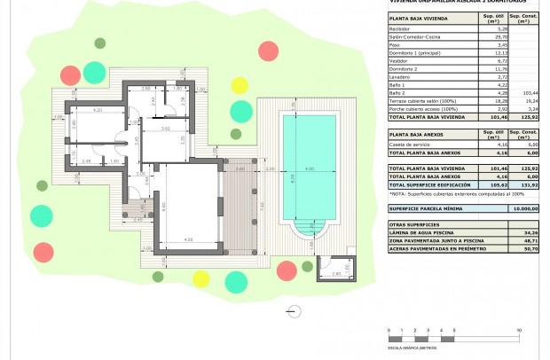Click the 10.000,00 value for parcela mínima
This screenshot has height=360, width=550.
(524, 208)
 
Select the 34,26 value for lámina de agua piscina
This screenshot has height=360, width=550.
(530, 233)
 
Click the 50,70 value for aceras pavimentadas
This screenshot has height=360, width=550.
(530, 249)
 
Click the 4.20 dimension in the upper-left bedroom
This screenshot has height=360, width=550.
(98, 110)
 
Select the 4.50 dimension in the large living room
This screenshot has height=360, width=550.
(189, 239)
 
